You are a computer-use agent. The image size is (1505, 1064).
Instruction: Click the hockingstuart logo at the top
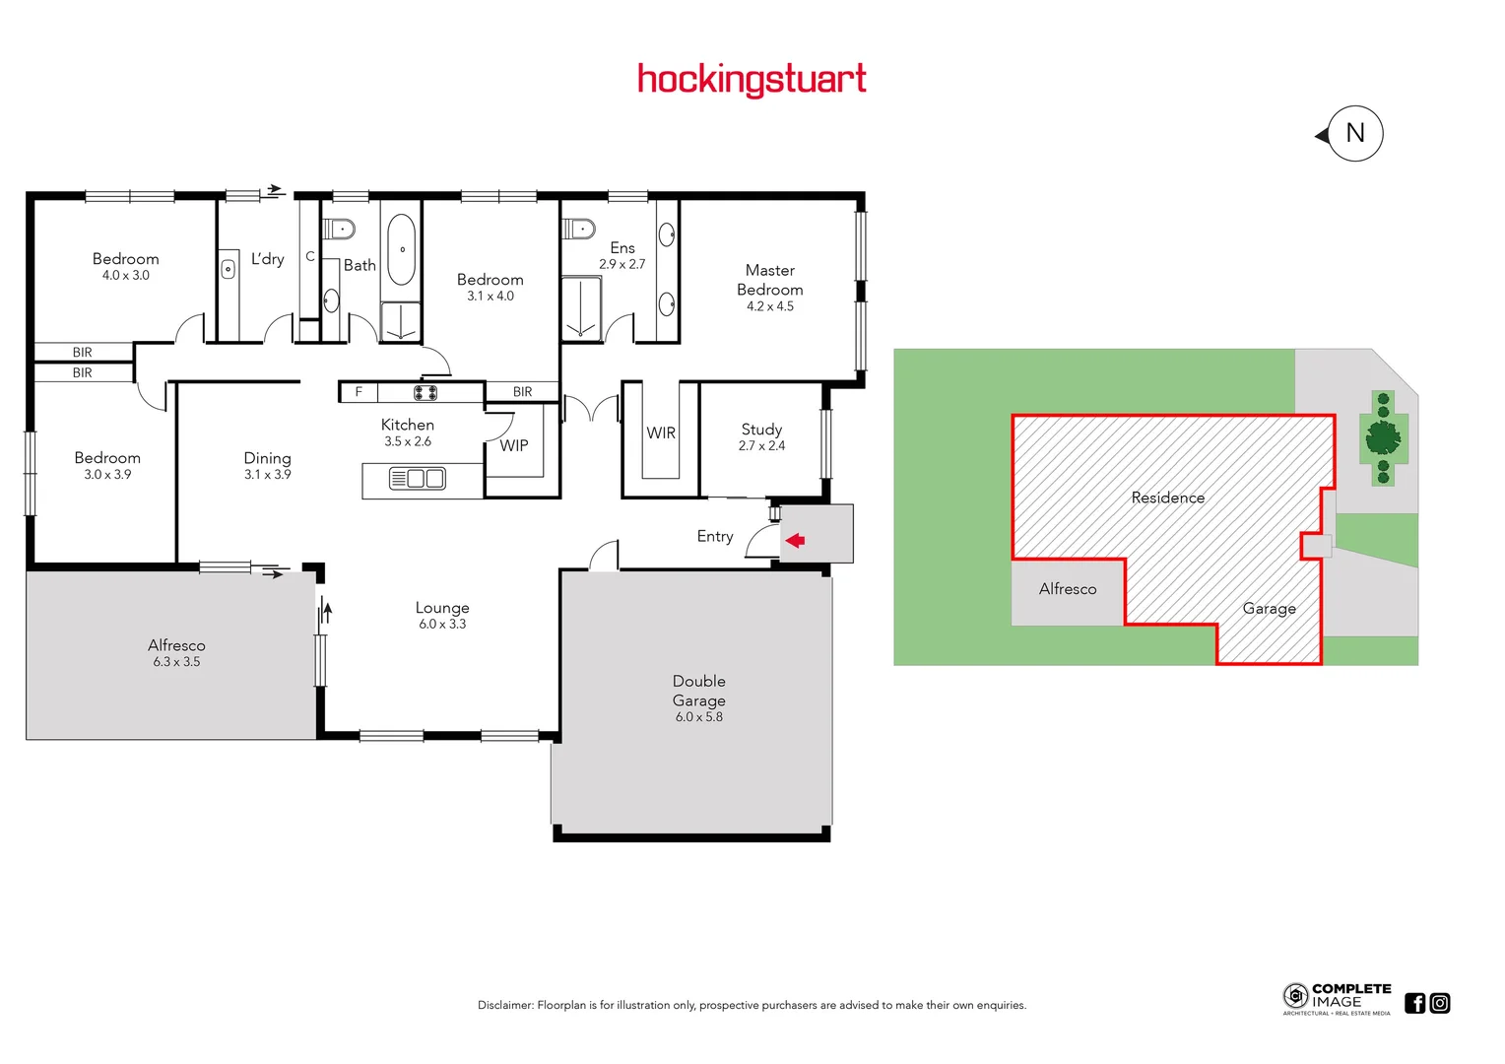[752, 79]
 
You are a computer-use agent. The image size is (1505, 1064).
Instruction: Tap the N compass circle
[1355, 133]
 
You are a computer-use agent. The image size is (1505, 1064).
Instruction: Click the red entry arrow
[795, 540]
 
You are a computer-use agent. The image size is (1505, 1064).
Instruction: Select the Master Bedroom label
[769, 280]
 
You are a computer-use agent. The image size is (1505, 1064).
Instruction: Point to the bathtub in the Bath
[401, 249]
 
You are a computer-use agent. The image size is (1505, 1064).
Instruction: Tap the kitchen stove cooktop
[425, 392]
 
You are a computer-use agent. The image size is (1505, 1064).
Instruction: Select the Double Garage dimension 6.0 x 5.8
[698, 717]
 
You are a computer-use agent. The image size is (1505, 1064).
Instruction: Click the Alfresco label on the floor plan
[176, 645]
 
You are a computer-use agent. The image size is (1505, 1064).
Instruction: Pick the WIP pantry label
[514, 445]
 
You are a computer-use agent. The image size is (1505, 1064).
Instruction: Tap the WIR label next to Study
[661, 433]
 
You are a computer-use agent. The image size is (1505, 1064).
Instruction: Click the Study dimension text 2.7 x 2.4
[761, 446]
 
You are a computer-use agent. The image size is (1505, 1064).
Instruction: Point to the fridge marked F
[359, 392]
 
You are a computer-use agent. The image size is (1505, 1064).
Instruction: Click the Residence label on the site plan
[1167, 498]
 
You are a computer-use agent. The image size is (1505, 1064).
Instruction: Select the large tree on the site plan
[1383, 436]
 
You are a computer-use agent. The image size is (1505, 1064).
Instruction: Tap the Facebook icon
[1414, 1003]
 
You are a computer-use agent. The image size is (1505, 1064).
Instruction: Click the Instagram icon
[1440, 1003]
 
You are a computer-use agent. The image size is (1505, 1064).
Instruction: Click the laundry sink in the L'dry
[229, 269]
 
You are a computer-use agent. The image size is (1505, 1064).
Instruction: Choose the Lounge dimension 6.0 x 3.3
[442, 625]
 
